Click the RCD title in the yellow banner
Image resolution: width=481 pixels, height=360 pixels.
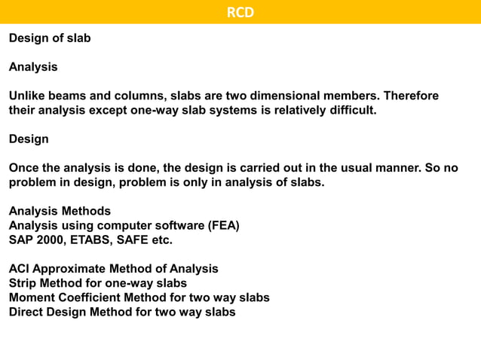click(240, 12)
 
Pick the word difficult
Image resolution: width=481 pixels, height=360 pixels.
click(349, 111)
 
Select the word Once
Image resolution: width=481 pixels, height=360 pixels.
click(23, 168)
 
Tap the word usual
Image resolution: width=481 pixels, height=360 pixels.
click(337, 168)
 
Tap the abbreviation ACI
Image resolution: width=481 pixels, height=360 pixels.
click(20, 269)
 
